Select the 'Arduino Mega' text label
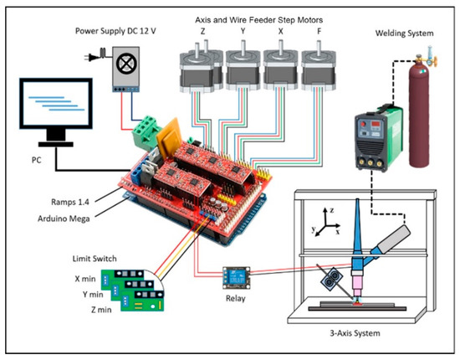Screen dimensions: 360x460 [x=60, y=217]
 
